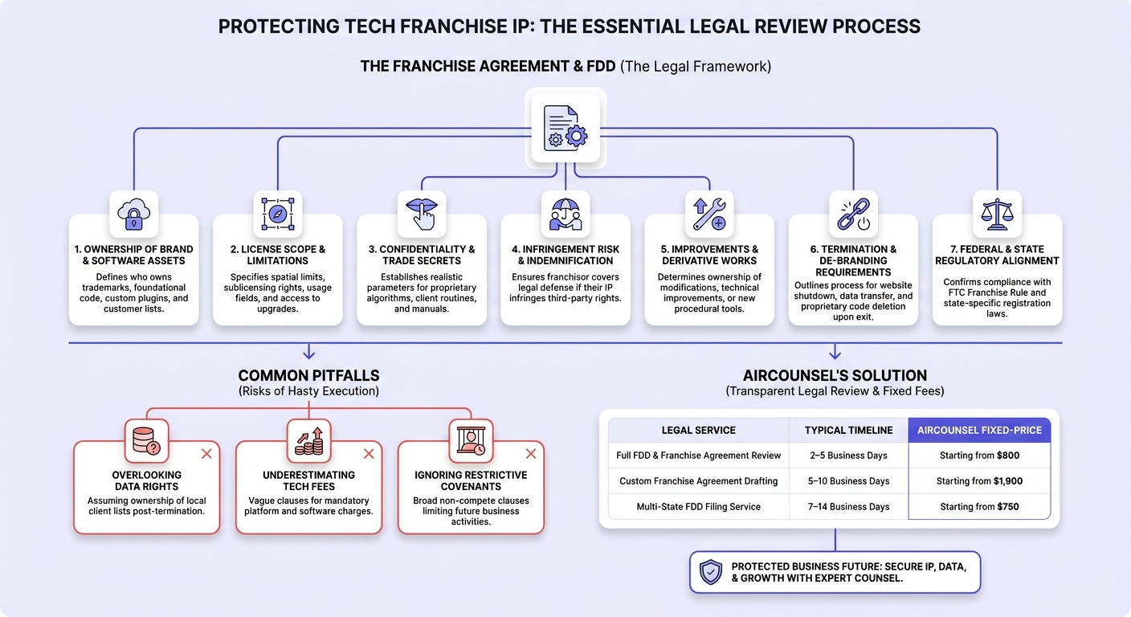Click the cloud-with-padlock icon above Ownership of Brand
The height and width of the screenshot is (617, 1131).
click(x=134, y=214)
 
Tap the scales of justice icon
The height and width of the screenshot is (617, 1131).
click(x=997, y=214)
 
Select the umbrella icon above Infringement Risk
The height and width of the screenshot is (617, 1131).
click(x=565, y=214)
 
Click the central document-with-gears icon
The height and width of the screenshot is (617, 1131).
click(x=565, y=129)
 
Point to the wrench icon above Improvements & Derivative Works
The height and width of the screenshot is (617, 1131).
click(x=709, y=214)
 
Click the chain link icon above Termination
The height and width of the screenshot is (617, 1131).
click(x=853, y=214)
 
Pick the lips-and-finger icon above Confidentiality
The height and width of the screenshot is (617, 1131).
click(x=422, y=214)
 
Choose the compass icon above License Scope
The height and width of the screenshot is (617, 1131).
click(x=278, y=214)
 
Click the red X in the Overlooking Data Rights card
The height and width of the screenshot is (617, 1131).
click(x=206, y=454)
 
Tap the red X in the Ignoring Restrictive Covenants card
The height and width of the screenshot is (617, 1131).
click(x=531, y=454)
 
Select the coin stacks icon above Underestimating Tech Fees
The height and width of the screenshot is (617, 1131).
click(x=309, y=441)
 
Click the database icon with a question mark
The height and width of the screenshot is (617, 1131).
click(x=146, y=441)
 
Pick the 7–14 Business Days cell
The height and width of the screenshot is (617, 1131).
click(x=849, y=506)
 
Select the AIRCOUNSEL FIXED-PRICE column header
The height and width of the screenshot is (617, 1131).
click(x=979, y=430)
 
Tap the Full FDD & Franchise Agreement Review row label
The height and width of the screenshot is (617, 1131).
click(x=698, y=456)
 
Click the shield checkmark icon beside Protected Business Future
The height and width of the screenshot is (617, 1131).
click(x=710, y=572)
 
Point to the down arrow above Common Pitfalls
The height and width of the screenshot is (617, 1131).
click(x=309, y=351)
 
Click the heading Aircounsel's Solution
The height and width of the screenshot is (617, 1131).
click(x=835, y=376)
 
